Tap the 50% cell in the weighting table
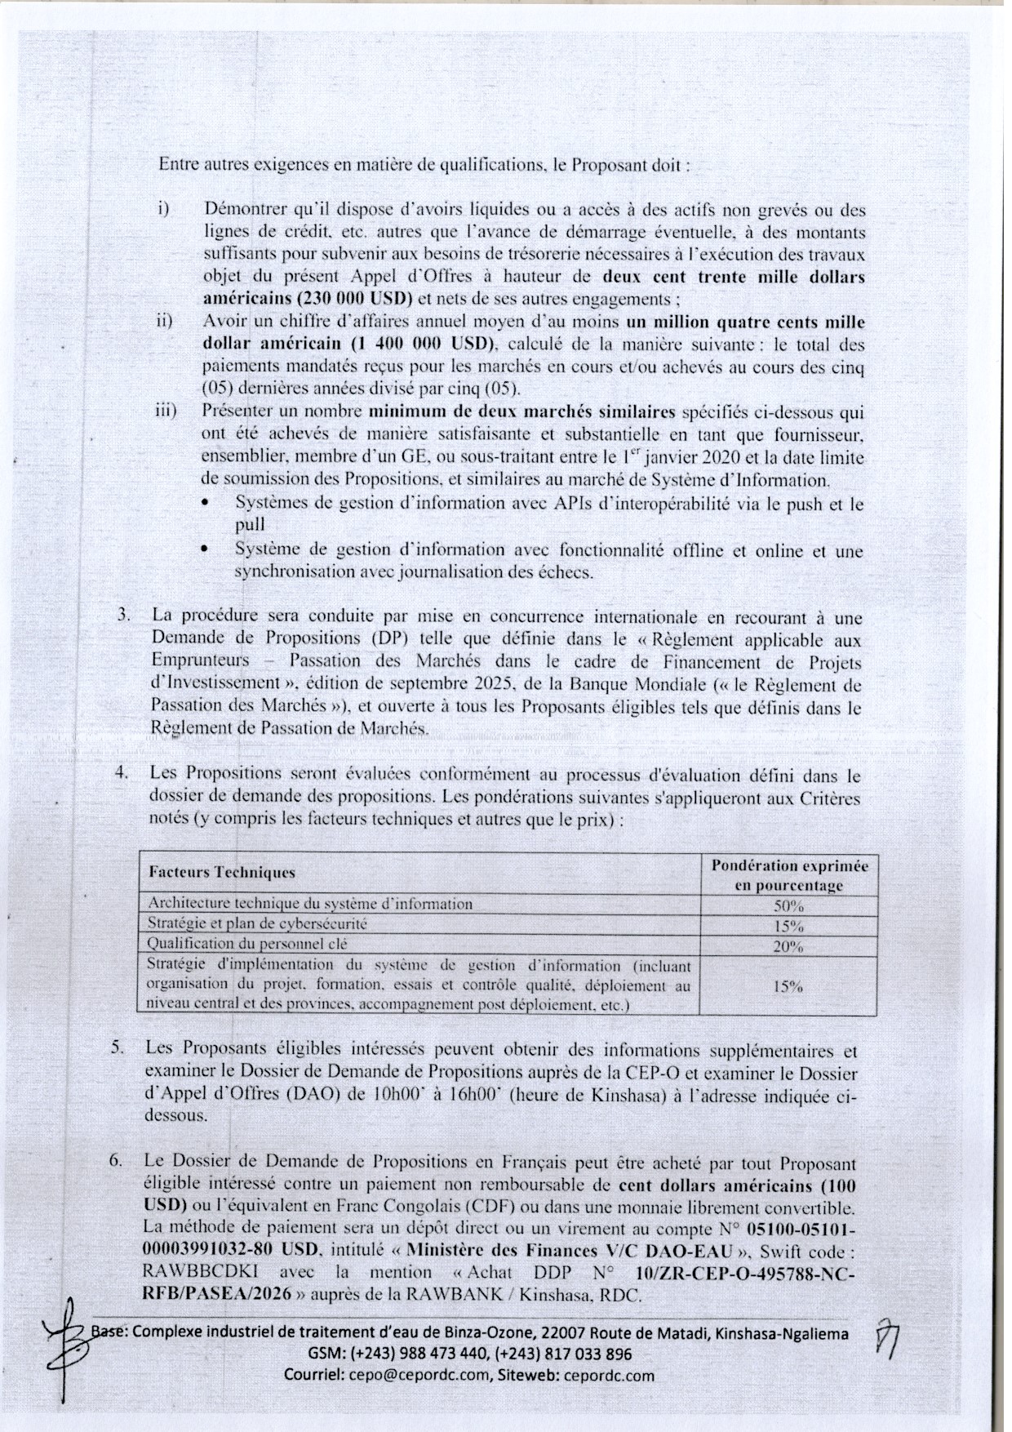coord(788,905)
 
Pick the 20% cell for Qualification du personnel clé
coord(788,947)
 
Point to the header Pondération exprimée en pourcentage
coord(788,875)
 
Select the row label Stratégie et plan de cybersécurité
coord(257,924)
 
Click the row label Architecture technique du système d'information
coord(310,904)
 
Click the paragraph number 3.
coord(123,615)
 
